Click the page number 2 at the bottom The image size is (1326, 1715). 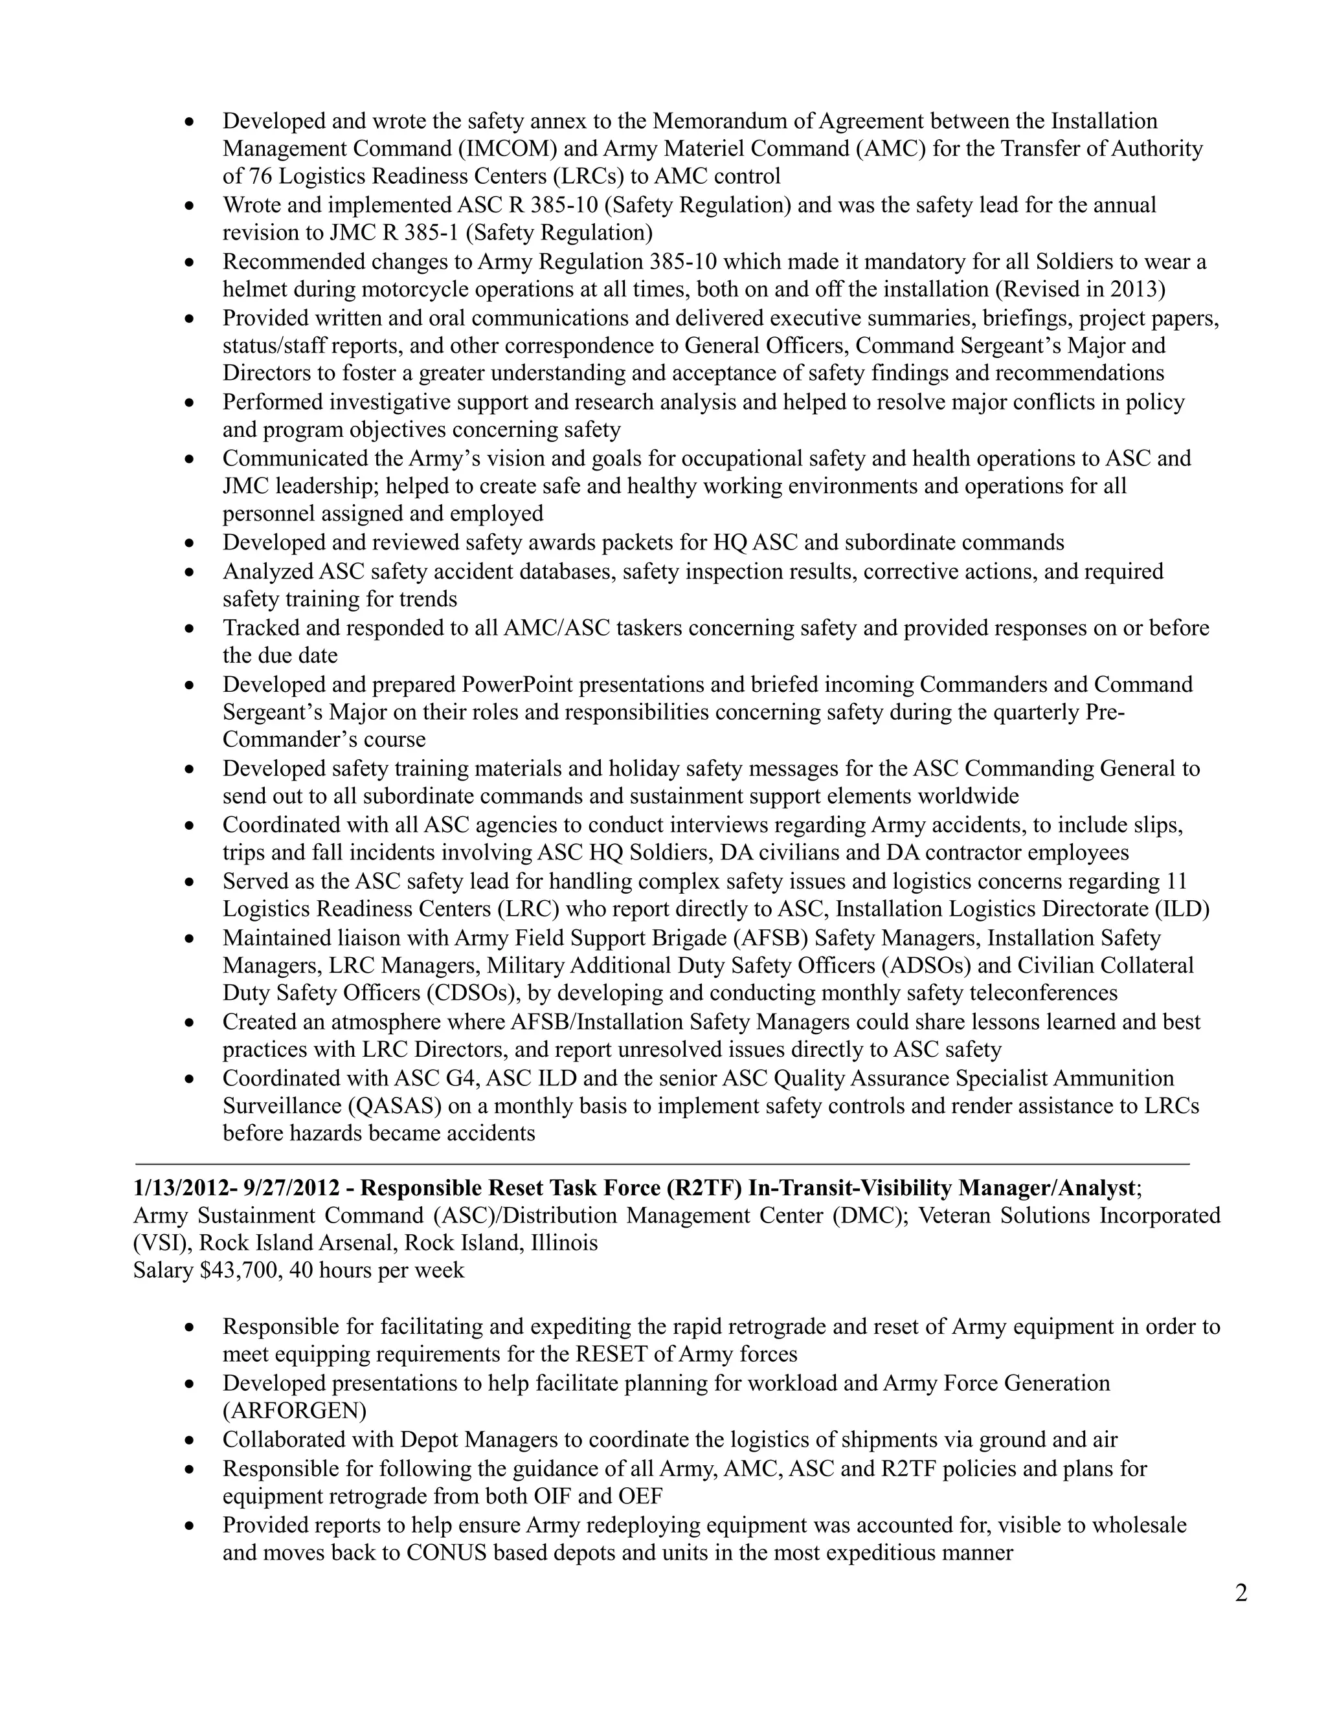(1241, 1593)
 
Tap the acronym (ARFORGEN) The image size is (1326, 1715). (295, 1410)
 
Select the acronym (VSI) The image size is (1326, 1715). (162, 1243)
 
